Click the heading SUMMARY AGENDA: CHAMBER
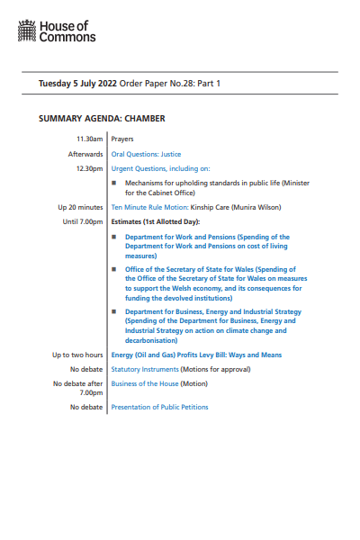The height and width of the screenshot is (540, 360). click(102, 118)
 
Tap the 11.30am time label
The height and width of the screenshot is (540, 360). click(90, 139)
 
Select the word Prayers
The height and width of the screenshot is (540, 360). click(123, 139)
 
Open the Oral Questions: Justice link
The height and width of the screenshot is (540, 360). click(146, 154)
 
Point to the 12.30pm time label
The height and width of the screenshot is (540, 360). click(90, 168)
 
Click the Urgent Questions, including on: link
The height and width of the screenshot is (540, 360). click(160, 168)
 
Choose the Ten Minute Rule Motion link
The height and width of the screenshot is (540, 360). click(149, 207)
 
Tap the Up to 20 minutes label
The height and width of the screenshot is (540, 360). click(81, 207)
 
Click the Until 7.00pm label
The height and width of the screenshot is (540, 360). click(84, 221)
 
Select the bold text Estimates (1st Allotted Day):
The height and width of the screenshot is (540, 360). click(155, 221)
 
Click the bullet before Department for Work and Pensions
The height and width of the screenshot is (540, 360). click(114, 237)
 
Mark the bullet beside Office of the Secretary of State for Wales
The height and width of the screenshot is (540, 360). click(114, 269)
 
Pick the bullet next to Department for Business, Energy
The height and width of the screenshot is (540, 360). click(114, 312)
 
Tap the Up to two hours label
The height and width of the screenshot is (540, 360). click(78, 355)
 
